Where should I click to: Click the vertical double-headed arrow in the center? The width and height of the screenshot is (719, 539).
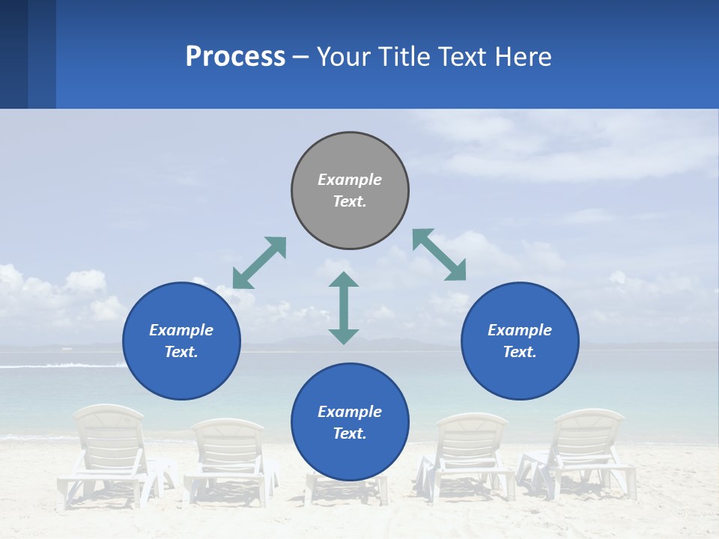pyautogui.click(x=344, y=308)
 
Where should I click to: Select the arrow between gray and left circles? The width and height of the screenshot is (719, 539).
pyautogui.click(x=259, y=263)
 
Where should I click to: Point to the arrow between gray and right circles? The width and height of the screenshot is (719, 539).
pyautogui.click(x=439, y=255)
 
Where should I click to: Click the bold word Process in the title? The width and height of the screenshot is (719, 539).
pyautogui.click(x=235, y=56)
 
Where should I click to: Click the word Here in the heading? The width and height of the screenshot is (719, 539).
pyautogui.click(x=524, y=56)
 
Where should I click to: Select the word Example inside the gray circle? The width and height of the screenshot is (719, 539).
pyautogui.click(x=350, y=180)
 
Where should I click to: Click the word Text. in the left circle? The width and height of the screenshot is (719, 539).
pyautogui.click(x=181, y=352)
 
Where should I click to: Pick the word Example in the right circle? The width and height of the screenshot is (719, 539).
pyautogui.click(x=520, y=330)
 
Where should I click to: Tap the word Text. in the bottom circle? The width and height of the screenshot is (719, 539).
pyautogui.click(x=350, y=433)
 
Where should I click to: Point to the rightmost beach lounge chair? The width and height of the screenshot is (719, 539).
pyautogui.click(x=584, y=449)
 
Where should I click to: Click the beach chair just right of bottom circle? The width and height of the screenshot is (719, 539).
pyautogui.click(x=468, y=453)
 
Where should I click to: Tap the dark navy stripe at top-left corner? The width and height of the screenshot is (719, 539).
pyautogui.click(x=13, y=54)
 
